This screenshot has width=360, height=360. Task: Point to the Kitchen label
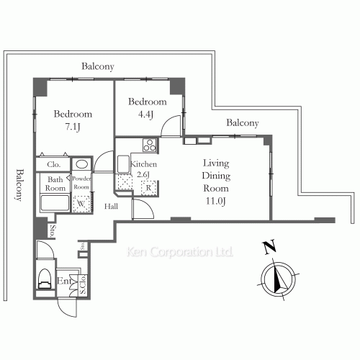(x=144, y=164)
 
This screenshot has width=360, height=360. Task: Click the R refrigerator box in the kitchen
(x=148, y=189)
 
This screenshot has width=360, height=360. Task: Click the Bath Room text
(x=56, y=184)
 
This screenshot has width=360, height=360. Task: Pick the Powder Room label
(x=80, y=183)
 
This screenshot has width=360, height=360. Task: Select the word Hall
(x=112, y=207)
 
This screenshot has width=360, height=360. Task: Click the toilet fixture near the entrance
(x=45, y=277)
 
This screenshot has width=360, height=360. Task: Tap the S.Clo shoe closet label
(x=83, y=285)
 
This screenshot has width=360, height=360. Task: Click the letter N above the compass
(x=268, y=249)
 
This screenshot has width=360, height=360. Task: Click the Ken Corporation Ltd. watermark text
(x=180, y=253)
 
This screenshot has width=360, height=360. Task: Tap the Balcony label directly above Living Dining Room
(x=243, y=123)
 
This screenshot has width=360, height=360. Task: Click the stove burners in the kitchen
(x=150, y=147)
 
